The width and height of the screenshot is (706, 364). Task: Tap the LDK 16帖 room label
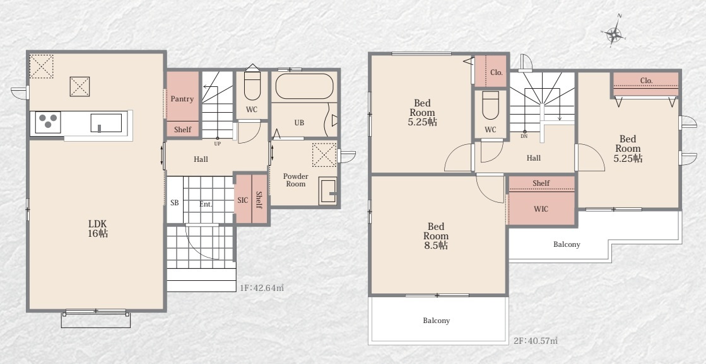pos(98,229)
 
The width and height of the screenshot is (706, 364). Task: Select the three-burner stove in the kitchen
pos(48,122)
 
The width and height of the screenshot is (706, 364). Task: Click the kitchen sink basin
pos(106,123)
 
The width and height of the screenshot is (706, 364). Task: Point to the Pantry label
pos(182,99)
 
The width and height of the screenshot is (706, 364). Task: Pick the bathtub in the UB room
pos(304,86)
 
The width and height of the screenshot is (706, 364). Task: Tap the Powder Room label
pos(295,179)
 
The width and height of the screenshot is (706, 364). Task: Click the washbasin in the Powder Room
pos(327,191)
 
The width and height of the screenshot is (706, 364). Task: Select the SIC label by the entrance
pos(242,200)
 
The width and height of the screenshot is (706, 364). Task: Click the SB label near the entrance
pos(174,203)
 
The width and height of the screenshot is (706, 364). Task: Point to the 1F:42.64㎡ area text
pos(261,288)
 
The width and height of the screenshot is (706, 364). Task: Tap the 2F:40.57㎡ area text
pos(536,341)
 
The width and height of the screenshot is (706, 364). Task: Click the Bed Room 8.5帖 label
pos(436,236)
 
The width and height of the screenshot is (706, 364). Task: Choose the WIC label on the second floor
pos(541,209)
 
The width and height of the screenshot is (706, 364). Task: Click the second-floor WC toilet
pos(490,105)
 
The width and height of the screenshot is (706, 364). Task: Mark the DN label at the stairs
pos(524,136)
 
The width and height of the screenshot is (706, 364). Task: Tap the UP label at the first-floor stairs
pos(218,144)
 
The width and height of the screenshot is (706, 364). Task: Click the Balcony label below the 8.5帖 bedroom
pos(437,321)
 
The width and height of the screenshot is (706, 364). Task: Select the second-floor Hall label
pos(534,157)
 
